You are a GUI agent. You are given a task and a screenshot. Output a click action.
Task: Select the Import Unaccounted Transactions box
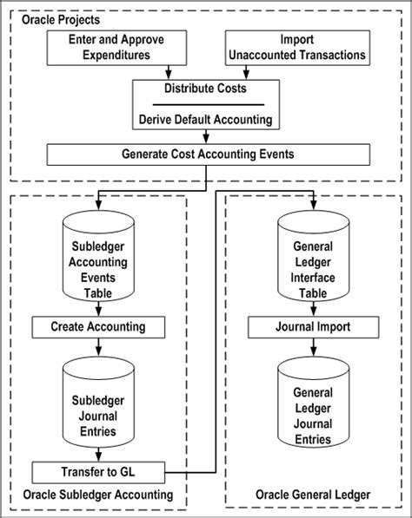coord(297,48)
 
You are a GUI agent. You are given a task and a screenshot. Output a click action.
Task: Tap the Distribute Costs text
coord(205,89)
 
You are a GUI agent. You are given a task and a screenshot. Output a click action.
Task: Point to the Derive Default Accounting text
coord(205,119)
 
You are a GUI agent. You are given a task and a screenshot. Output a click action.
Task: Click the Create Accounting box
coord(99,328)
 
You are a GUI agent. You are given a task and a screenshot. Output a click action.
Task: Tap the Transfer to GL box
coord(99,473)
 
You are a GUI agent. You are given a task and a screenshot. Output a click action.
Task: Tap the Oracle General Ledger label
coord(313,495)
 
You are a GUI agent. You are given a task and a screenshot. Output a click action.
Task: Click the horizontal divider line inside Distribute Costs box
coord(205,104)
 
